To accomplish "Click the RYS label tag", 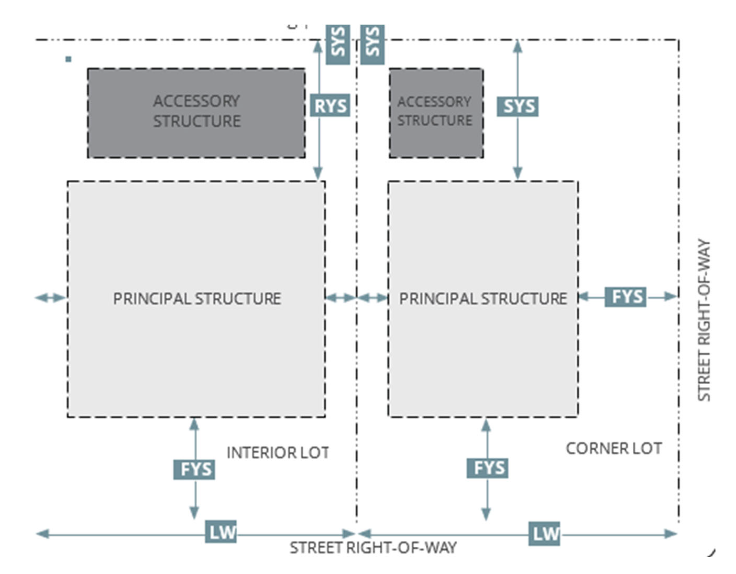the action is tap(329, 105).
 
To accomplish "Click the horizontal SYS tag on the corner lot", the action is tap(517, 107).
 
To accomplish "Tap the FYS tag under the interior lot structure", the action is tap(194, 469).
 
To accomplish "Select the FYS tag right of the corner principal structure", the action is tap(625, 297).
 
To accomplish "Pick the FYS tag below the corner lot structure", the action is tap(487, 468).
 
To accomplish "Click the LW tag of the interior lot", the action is tap(221, 532).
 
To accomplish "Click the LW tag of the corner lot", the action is tap(544, 534).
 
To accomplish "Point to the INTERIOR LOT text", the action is tap(278, 453).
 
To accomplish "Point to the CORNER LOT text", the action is tap(614, 449).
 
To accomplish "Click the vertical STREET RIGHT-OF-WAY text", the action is tap(704, 320).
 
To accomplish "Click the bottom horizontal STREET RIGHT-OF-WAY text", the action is tap(373, 548).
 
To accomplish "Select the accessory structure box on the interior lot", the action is tap(196, 113).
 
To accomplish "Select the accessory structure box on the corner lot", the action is tap(436, 113).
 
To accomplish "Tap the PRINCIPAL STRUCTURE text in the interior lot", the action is tap(197, 298).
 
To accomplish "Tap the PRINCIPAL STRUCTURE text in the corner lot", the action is tap(483, 298).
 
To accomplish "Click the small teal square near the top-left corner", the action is tap(68, 59).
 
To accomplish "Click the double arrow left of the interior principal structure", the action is tap(51, 298).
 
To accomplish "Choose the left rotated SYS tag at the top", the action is tap(338, 45).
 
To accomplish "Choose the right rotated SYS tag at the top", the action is tap(372, 45).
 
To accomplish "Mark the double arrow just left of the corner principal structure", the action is tap(372, 298).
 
